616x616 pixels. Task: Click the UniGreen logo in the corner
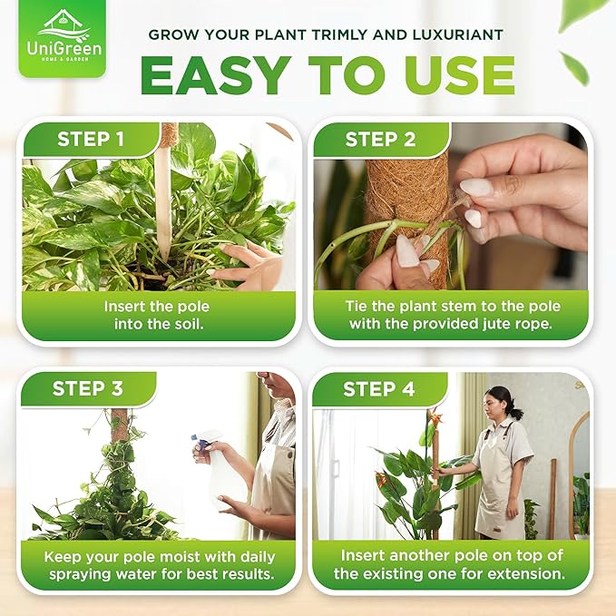click(x=61, y=40)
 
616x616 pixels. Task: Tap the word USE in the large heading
click(x=457, y=77)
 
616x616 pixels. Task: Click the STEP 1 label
click(x=91, y=140)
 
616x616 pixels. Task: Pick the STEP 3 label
click(x=88, y=388)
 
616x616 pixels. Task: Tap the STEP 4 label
click(x=378, y=389)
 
